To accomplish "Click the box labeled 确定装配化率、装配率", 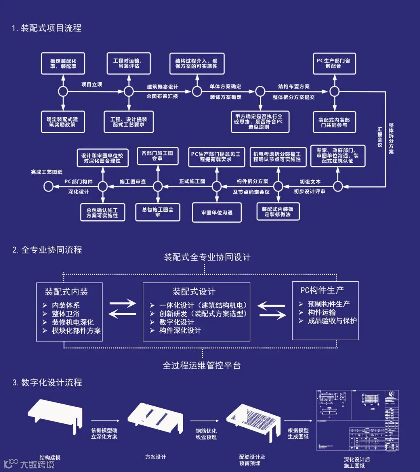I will [x=63, y=64].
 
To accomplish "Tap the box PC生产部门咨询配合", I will [x=334, y=63].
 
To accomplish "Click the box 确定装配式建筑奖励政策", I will [x=63, y=122].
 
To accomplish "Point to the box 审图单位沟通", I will [x=217, y=212].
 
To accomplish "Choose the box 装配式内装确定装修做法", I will [x=278, y=212].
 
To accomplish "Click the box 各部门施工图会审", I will [x=157, y=156].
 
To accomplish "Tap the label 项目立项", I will [x=92, y=85].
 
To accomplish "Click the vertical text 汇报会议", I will [x=380, y=137].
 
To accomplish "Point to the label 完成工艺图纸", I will [x=47, y=172].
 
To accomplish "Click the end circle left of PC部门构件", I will [x=48, y=186].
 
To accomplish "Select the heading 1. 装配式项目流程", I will [x=47, y=28].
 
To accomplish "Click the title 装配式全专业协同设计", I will [x=207, y=257].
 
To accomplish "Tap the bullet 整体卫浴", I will [x=66, y=314].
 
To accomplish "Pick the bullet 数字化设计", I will [x=177, y=322].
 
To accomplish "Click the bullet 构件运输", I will [x=322, y=312].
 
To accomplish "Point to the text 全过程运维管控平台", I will [x=202, y=366].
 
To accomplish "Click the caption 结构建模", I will [x=50, y=457].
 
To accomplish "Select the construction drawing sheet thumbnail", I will [x=357, y=420].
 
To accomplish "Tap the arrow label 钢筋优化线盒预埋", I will [x=206, y=434].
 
